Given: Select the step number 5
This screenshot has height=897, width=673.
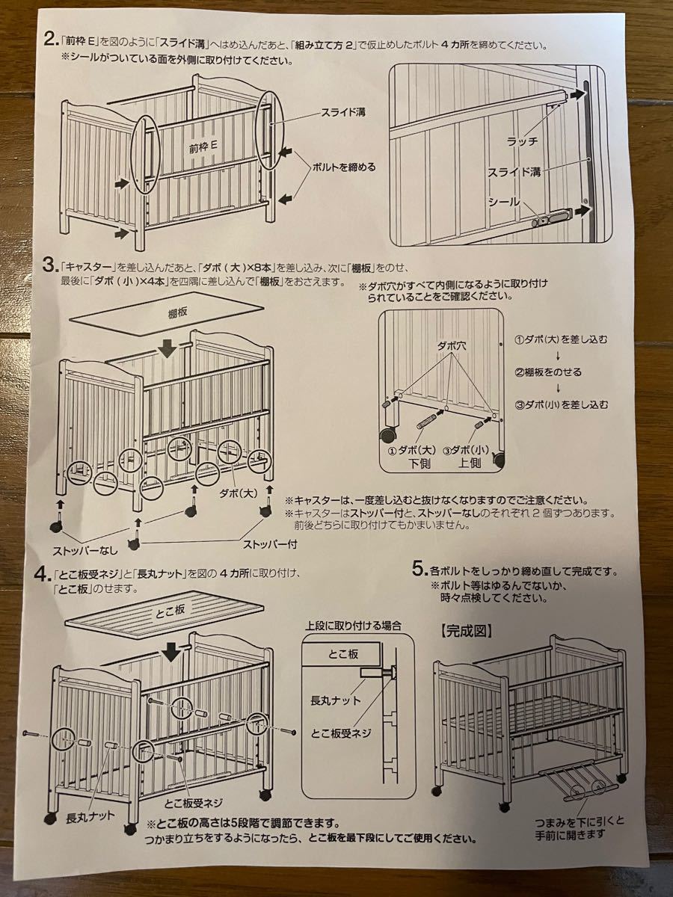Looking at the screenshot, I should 419,569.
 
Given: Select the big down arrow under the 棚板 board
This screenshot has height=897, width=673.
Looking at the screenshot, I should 169,347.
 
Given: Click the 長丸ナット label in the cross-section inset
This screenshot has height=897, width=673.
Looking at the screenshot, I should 336,700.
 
